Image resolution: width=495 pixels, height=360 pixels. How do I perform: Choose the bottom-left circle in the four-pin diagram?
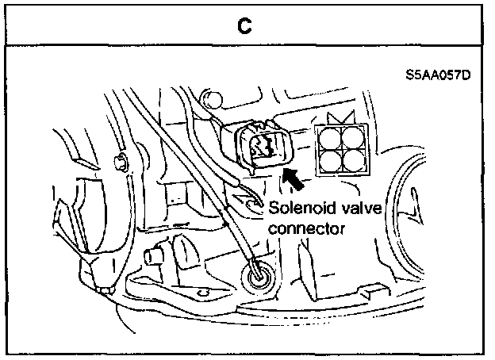point(328,163)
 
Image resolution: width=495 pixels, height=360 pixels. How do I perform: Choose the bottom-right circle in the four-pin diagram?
point(351,163)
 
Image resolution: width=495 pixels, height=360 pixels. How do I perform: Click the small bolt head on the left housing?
point(120,163)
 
